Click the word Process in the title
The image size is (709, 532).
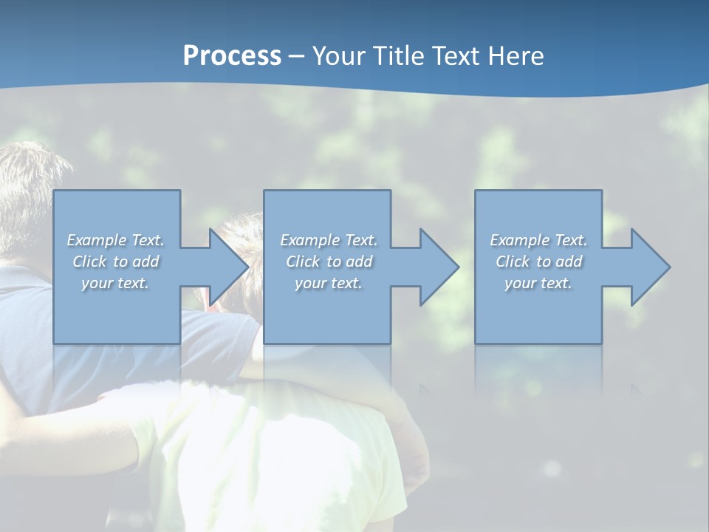tap(232, 56)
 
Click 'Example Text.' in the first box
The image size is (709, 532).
tap(115, 240)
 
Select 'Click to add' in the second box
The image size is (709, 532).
tap(329, 262)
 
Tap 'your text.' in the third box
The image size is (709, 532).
tap(538, 283)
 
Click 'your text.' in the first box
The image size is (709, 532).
tap(115, 283)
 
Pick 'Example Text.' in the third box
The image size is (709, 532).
tap(538, 240)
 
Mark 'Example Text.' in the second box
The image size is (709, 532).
tap(329, 240)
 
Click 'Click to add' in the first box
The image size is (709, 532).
tap(115, 262)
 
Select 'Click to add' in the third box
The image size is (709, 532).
tap(538, 262)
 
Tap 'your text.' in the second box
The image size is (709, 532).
tap(329, 283)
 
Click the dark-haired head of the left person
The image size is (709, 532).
tap(30, 192)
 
